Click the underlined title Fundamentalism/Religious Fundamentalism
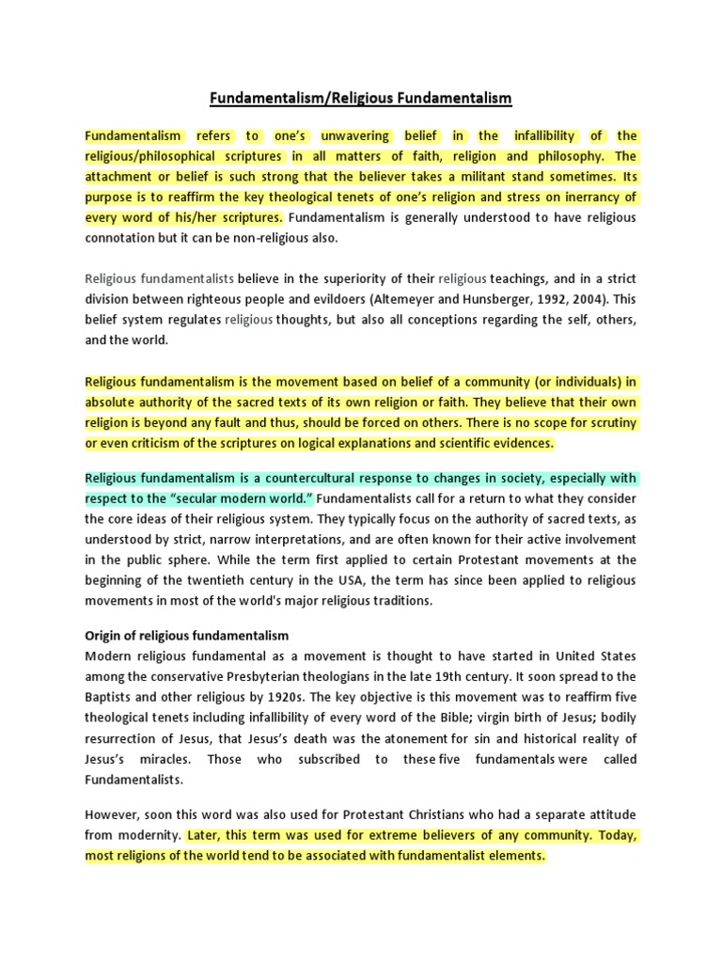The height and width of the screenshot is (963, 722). click(x=361, y=98)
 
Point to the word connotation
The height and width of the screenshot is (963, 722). click(x=123, y=238)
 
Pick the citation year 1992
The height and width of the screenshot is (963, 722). click(x=546, y=299)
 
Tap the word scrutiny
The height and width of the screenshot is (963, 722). click(x=609, y=422)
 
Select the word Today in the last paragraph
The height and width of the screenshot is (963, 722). click(x=619, y=835)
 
